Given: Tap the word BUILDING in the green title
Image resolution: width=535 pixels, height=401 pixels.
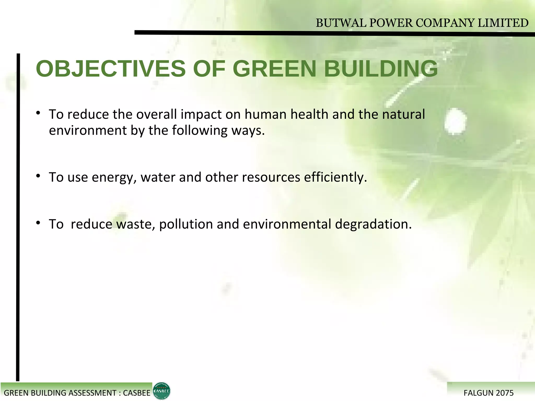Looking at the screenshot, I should click(x=381, y=69).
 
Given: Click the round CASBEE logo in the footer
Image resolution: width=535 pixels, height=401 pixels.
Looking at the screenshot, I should click(x=161, y=391).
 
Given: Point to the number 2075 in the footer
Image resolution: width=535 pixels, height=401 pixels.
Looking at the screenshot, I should click(x=505, y=393).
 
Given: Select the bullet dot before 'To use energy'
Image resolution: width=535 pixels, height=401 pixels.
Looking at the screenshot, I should click(x=38, y=176).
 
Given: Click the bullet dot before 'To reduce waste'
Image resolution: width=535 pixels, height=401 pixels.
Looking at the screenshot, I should click(x=38, y=223).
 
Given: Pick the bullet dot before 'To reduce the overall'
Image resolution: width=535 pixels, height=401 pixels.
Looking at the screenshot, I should click(x=38, y=113).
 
